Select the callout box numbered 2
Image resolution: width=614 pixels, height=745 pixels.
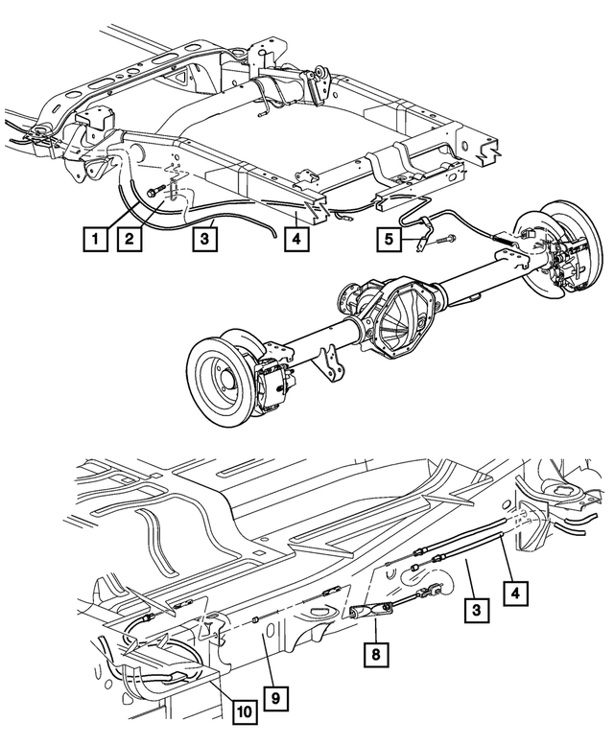pyautogui.click(x=130, y=235)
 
